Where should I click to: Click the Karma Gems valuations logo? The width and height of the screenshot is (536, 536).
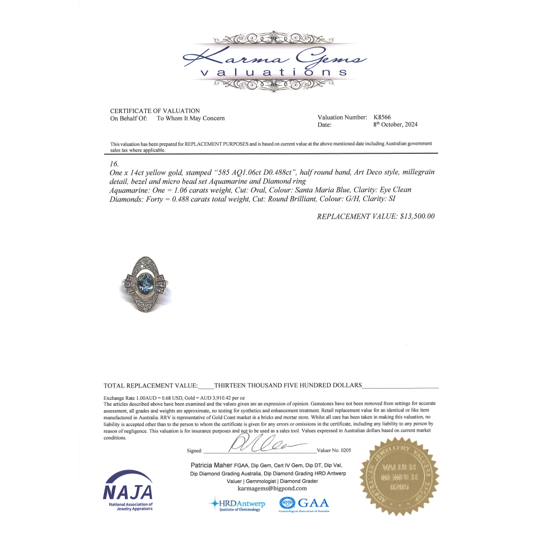click(274, 60)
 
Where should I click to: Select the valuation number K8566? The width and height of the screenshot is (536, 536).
click(383, 117)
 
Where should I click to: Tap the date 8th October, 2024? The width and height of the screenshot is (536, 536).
click(396, 124)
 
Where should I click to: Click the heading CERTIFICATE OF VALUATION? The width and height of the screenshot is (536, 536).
click(155, 111)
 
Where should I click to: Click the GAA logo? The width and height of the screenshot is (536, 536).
click(304, 504)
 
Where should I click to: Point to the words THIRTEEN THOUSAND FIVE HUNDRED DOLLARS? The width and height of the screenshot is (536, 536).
click(288, 385)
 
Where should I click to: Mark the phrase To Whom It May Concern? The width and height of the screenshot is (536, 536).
click(191, 118)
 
